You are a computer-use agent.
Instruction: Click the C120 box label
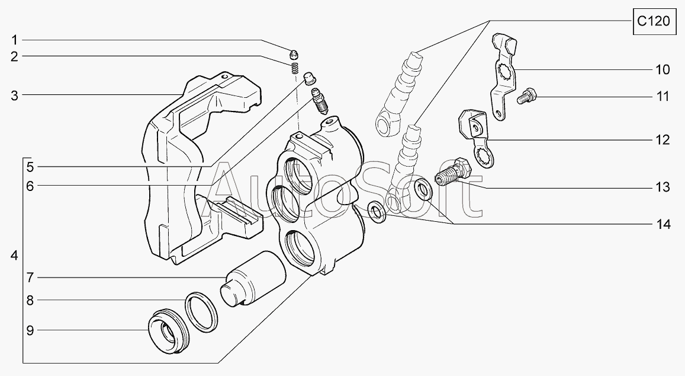(653, 21)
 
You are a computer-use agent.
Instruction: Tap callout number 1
(14, 40)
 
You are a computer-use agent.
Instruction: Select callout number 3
(14, 95)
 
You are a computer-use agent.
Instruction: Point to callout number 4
(14, 255)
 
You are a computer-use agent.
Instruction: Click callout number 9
(30, 330)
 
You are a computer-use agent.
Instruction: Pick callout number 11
(663, 96)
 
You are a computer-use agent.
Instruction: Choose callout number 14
(663, 225)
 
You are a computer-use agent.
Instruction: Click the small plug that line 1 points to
(294, 55)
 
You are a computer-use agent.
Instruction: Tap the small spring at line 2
(294, 68)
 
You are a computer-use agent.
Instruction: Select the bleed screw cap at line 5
(310, 79)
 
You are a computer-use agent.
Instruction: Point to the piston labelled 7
(252, 278)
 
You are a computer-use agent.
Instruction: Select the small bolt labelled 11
(527, 96)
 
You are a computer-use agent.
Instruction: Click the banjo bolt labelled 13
(454, 173)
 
